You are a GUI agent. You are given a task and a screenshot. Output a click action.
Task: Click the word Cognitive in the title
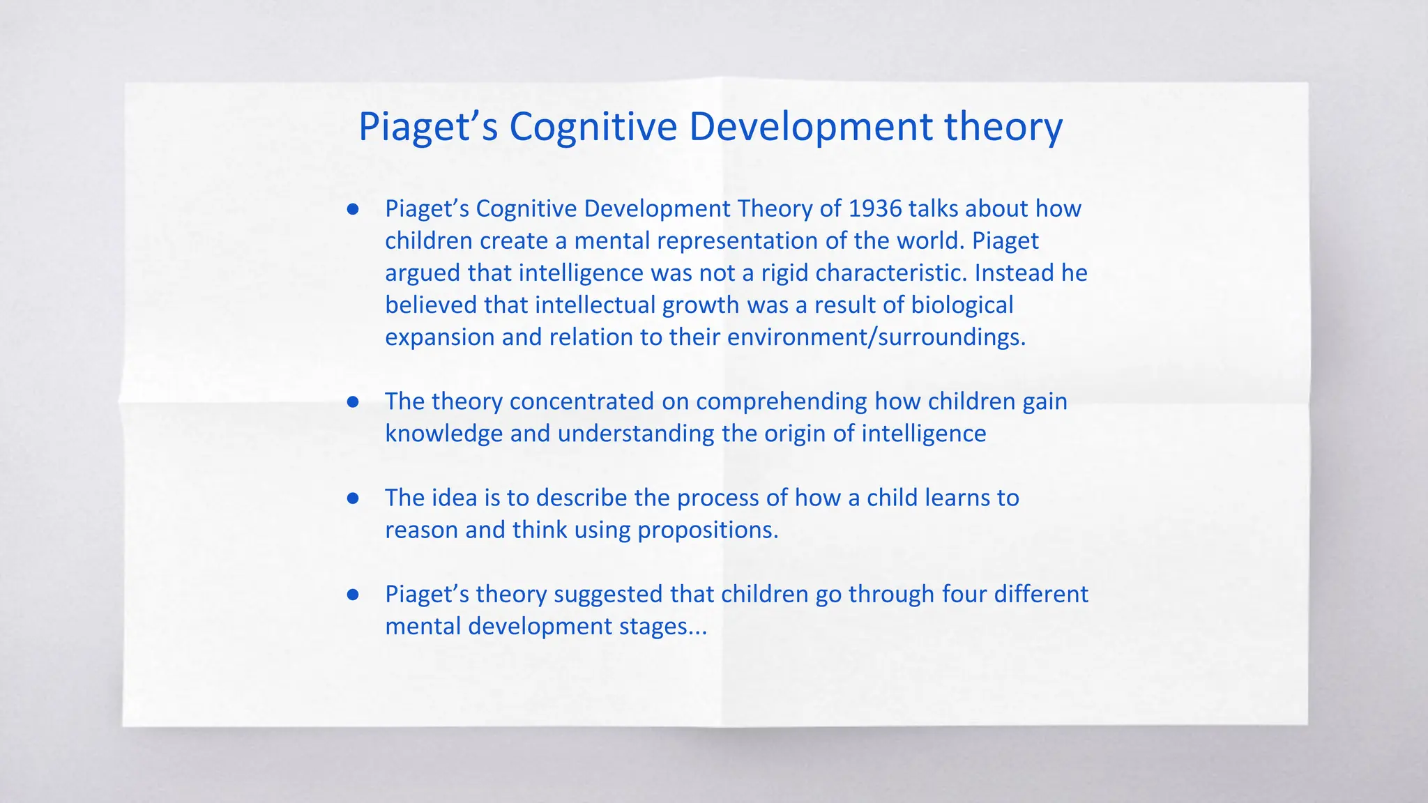click(593, 128)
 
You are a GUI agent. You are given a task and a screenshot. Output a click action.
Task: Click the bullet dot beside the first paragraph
click(353, 209)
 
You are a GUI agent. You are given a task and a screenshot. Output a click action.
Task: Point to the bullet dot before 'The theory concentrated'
click(353, 402)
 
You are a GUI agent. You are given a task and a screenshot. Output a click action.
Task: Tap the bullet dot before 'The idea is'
click(353, 498)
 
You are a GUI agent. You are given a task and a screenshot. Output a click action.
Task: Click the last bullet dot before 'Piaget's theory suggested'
click(353, 595)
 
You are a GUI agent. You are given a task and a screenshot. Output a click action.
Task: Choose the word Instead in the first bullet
click(1015, 273)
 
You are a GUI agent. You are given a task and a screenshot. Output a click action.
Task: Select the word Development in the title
click(811, 128)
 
